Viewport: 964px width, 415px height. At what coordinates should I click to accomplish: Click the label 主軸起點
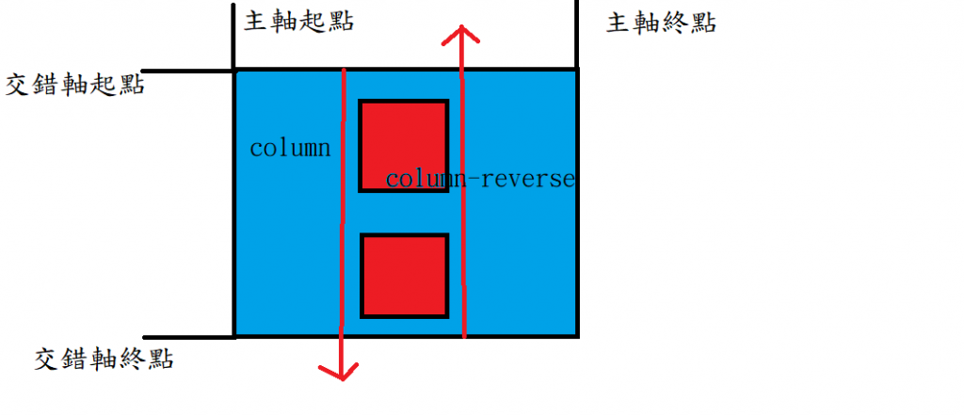tap(298, 22)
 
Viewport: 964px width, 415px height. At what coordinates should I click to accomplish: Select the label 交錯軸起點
tap(75, 85)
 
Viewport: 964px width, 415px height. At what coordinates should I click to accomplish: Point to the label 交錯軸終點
tap(104, 358)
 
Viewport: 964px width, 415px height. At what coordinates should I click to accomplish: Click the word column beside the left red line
tap(290, 149)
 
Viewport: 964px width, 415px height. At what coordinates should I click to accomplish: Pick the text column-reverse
tap(479, 179)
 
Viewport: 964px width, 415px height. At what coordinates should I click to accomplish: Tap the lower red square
tap(404, 276)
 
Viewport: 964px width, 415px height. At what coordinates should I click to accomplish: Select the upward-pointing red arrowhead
tap(460, 34)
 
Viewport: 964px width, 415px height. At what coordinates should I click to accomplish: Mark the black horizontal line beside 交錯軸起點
tap(188, 71)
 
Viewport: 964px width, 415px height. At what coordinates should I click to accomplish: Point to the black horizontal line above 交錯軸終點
tap(188, 336)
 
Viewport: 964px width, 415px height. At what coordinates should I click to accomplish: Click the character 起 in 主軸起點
tap(313, 22)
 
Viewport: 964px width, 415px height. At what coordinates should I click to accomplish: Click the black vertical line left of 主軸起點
tap(233, 33)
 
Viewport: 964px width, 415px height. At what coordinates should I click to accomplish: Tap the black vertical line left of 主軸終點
tap(576, 33)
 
